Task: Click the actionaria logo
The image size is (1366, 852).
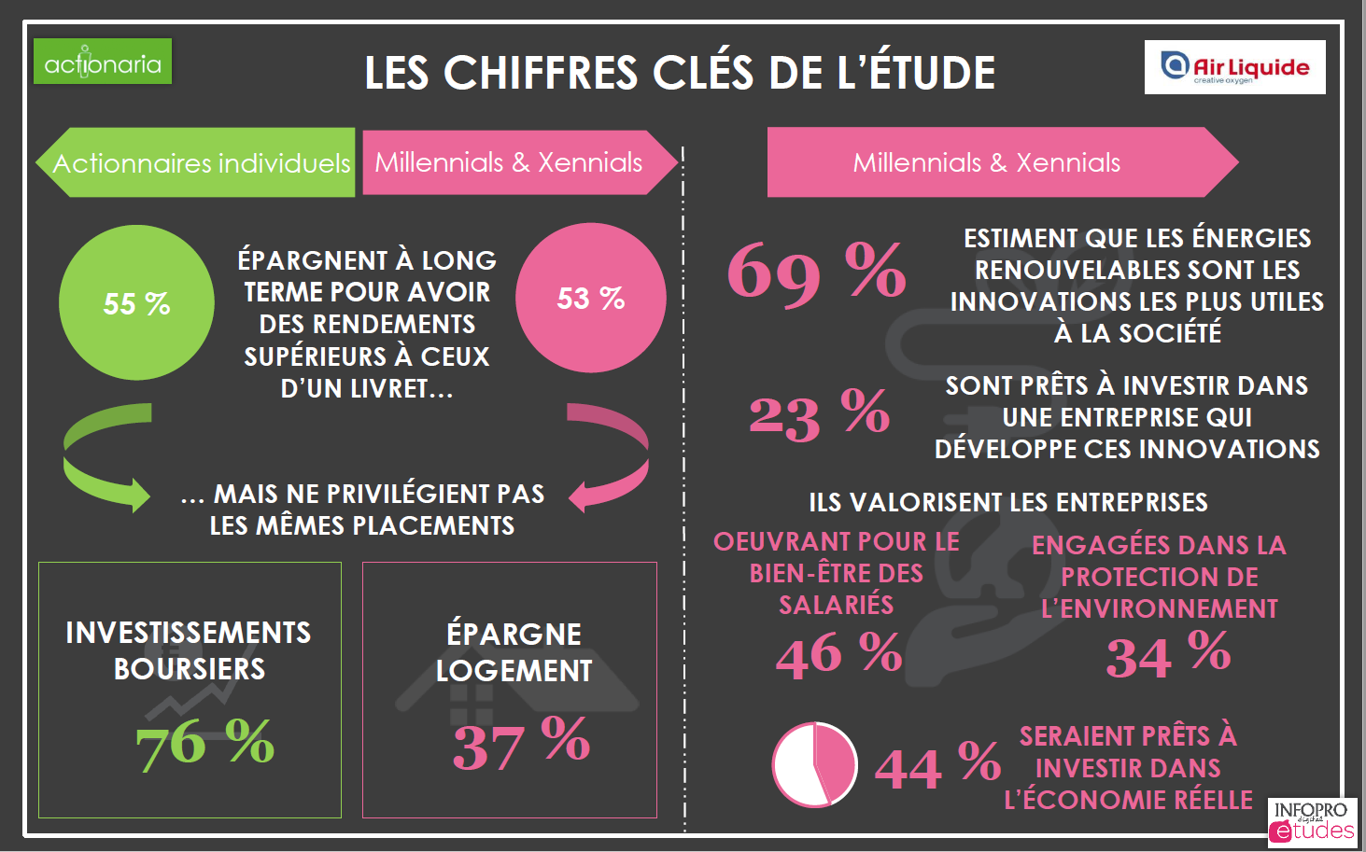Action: (x=103, y=62)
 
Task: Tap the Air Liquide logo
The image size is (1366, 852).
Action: (x=1234, y=67)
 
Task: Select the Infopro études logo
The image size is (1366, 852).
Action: (x=1312, y=822)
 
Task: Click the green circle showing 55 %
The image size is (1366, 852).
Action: (x=136, y=303)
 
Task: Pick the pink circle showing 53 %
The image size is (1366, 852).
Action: (x=590, y=299)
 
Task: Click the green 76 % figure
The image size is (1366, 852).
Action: (x=205, y=743)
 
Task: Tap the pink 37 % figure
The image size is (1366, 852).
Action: (x=521, y=743)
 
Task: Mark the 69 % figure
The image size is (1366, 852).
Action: (x=817, y=272)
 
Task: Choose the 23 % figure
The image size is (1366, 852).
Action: (x=819, y=414)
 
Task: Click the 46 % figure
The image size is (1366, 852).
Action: (x=838, y=653)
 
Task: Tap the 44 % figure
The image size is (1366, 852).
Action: (x=937, y=766)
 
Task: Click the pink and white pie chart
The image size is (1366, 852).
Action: (x=814, y=764)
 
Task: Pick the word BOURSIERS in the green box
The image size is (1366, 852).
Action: (x=190, y=669)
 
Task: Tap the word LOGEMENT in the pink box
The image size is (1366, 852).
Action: (x=514, y=671)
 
